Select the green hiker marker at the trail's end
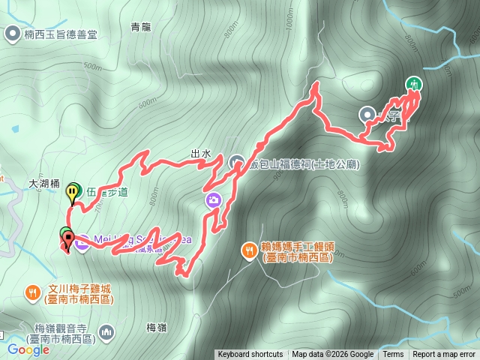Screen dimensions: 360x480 tap(412, 84)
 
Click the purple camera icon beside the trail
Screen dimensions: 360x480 tap(214, 199)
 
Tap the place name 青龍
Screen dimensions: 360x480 tap(142, 28)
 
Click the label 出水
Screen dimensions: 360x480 tap(200, 154)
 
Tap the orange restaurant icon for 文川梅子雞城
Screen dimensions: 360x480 tap(31, 291)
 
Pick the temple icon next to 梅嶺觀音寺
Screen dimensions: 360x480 tap(107, 331)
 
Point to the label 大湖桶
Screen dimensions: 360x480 tap(43, 182)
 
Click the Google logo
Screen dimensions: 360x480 tap(28, 349)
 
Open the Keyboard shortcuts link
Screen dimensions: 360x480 tap(250, 355)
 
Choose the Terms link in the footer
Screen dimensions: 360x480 tap(393, 355)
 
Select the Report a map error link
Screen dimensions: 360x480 tap(444, 355)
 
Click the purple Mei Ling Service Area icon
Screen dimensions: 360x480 tap(82, 241)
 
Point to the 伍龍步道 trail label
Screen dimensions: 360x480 tap(106, 192)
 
